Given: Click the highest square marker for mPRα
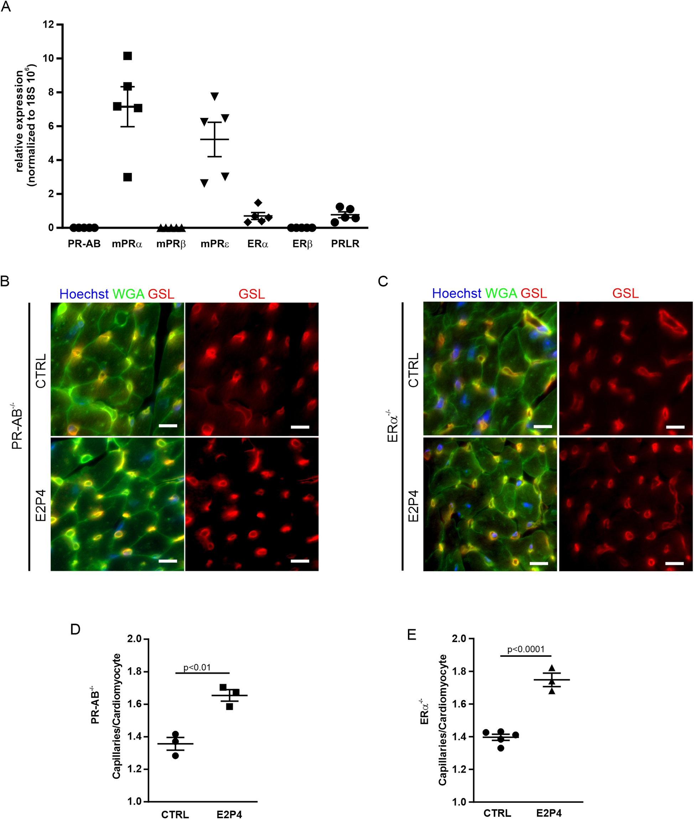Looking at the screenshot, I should tap(128, 56).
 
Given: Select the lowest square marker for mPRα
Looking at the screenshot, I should tap(128, 177).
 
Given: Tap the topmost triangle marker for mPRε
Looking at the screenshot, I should tap(214, 96).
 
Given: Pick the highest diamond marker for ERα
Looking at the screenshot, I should tap(258, 203).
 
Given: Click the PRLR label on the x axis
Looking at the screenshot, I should tap(345, 244).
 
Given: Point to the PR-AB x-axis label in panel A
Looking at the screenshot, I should tap(84, 244).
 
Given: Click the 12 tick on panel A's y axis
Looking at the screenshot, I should tap(48, 24).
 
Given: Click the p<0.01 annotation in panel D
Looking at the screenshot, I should tap(197, 667).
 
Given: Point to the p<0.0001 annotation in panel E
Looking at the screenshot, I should tap(525, 649).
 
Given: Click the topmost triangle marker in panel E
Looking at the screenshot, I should tap(552, 668).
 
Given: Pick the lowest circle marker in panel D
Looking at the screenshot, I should tap(176, 755).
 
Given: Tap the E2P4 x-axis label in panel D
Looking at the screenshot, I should tap(229, 814).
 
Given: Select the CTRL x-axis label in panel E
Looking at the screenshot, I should tap(497, 813).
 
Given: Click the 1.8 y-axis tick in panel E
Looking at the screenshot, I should tap(460, 671).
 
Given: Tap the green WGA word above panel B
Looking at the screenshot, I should tap(128, 294).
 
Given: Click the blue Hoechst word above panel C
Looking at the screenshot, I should tap(456, 293).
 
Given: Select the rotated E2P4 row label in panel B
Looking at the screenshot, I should tap(41, 506).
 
